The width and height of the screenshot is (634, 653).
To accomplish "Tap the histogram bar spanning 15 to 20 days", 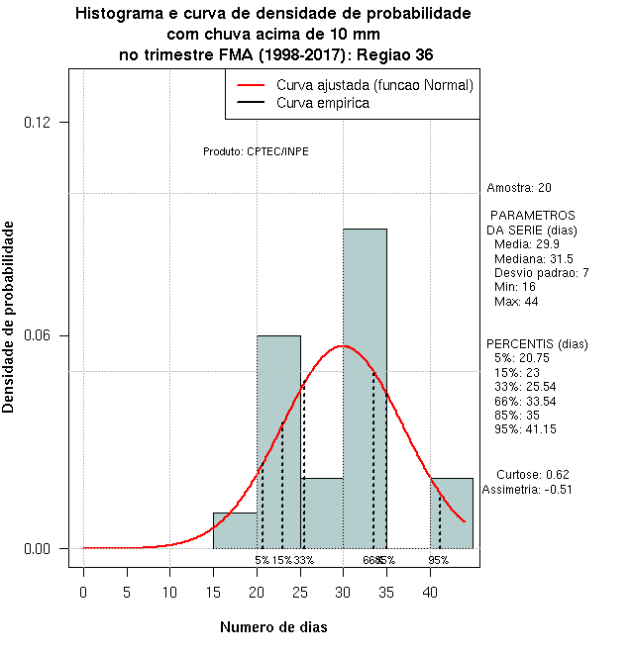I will pyautogui.click(x=235, y=530).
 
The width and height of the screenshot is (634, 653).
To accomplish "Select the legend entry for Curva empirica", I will pyautogui.click(x=323, y=103).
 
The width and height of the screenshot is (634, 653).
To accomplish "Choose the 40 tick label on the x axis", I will pyautogui.click(x=430, y=593).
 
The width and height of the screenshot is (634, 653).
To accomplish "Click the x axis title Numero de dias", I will pyautogui.click(x=272, y=627).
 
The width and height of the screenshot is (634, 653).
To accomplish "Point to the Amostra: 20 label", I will pyautogui.click(x=519, y=187).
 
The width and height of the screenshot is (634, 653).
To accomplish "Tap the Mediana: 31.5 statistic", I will pyautogui.click(x=533, y=258).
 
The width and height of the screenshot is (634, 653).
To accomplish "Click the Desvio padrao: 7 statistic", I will pyautogui.click(x=541, y=272).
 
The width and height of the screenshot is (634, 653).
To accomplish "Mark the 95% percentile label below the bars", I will pyautogui.click(x=438, y=560).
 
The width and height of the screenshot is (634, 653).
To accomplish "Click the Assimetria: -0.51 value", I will pyautogui.click(x=527, y=489).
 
